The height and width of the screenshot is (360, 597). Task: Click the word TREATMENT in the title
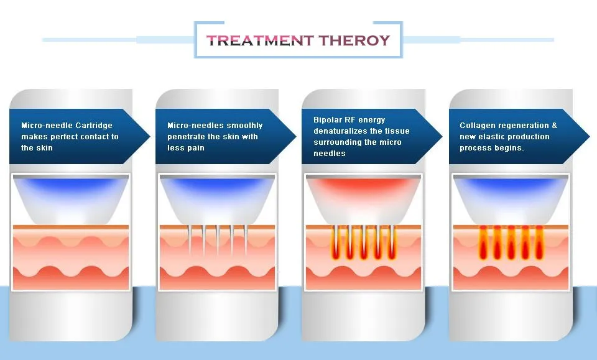tap(260, 41)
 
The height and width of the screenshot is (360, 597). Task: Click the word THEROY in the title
tap(354, 41)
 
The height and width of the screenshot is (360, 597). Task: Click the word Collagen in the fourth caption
tap(477, 126)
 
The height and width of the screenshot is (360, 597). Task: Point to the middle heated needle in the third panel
tap(363, 244)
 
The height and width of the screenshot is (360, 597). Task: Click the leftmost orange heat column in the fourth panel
tap(483, 244)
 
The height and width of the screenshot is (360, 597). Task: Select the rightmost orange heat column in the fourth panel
tap(539, 244)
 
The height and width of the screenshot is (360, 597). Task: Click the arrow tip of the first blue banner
tap(148, 137)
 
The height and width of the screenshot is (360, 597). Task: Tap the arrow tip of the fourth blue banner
tap(587, 137)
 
